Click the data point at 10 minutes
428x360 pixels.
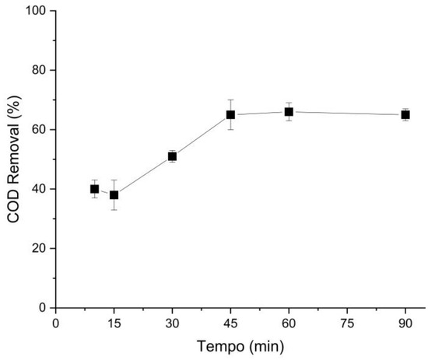pos(94,189)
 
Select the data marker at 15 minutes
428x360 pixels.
pos(114,195)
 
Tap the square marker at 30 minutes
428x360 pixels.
pos(172,156)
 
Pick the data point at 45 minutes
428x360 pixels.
pos(230,115)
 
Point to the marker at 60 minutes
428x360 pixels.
pos(289,112)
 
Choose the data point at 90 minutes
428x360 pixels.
pos(405,115)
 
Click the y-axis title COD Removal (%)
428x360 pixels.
pos(13,159)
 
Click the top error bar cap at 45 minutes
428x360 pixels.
pos(230,100)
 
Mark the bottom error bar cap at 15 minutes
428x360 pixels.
pos(114,210)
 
